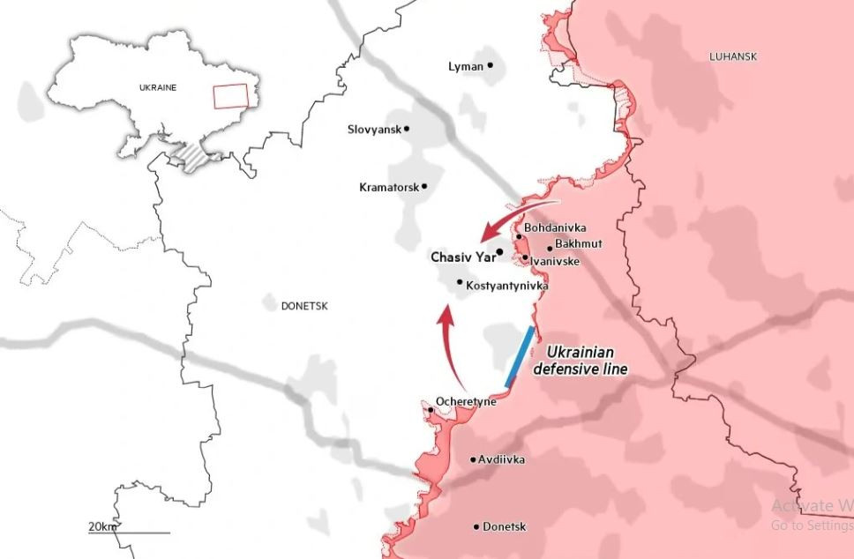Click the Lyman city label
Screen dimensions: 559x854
point(466,66)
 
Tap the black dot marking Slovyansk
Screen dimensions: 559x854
point(407,129)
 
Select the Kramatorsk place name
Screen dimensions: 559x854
point(389,187)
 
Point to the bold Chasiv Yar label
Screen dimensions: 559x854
point(462,257)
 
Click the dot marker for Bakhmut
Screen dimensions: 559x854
point(549,249)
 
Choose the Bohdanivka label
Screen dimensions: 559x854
point(555,228)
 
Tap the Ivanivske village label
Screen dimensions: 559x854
point(555,261)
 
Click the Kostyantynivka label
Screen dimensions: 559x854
point(506,286)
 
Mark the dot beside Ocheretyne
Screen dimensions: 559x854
point(431,410)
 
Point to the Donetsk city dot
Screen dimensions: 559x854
point(476,526)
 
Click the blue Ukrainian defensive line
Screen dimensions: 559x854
point(519,357)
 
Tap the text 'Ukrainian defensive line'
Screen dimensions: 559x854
point(581,360)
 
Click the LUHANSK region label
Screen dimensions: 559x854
point(733,56)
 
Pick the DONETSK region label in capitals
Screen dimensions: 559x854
point(303,306)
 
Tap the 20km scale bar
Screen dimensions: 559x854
point(129,532)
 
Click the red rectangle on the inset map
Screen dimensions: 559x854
point(230,95)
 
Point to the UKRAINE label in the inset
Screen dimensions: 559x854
point(158,87)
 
